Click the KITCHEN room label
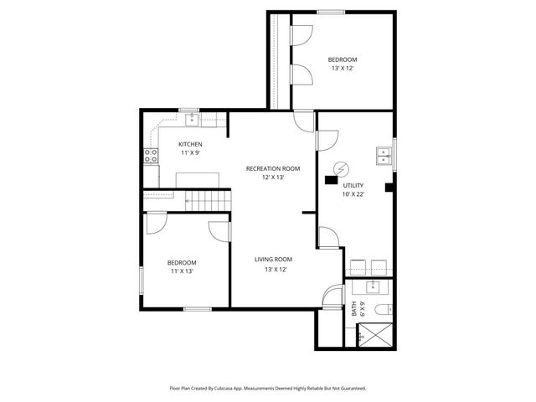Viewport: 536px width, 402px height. pyautogui.click(x=189, y=144)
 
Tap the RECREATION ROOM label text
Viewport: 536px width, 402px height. pyautogui.click(x=272, y=168)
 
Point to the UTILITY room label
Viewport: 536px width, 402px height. pyautogui.click(x=353, y=185)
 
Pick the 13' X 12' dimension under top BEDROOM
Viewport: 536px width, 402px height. pyautogui.click(x=342, y=69)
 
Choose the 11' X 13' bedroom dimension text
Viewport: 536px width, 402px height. pyautogui.click(x=183, y=271)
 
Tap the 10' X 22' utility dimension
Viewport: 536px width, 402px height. pyautogui.click(x=353, y=194)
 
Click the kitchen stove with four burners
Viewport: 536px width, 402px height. pyautogui.click(x=152, y=155)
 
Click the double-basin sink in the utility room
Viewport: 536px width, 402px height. pyautogui.click(x=384, y=156)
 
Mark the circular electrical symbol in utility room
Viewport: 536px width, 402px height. pyautogui.click(x=341, y=167)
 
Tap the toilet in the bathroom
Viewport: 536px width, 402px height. pyautogui.click(x=382, y=310)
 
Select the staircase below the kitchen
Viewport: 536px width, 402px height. pyautogui.click(x=206, y=201)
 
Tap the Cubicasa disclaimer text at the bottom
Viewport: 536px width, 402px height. pyautogui.click(x=268, y=388)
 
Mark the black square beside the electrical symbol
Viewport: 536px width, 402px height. pyautogui.click(x=331, y=179)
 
